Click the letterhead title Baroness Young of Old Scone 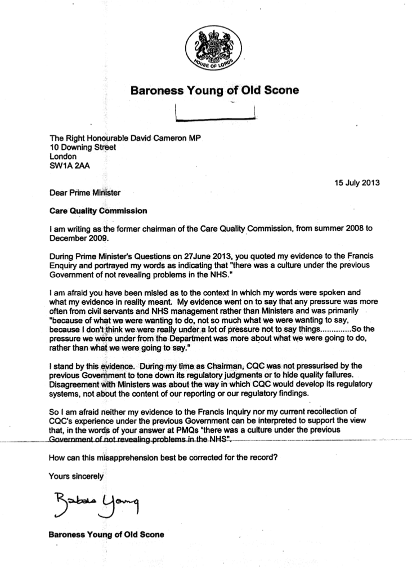coord(214,91)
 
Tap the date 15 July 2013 coord(356,182)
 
